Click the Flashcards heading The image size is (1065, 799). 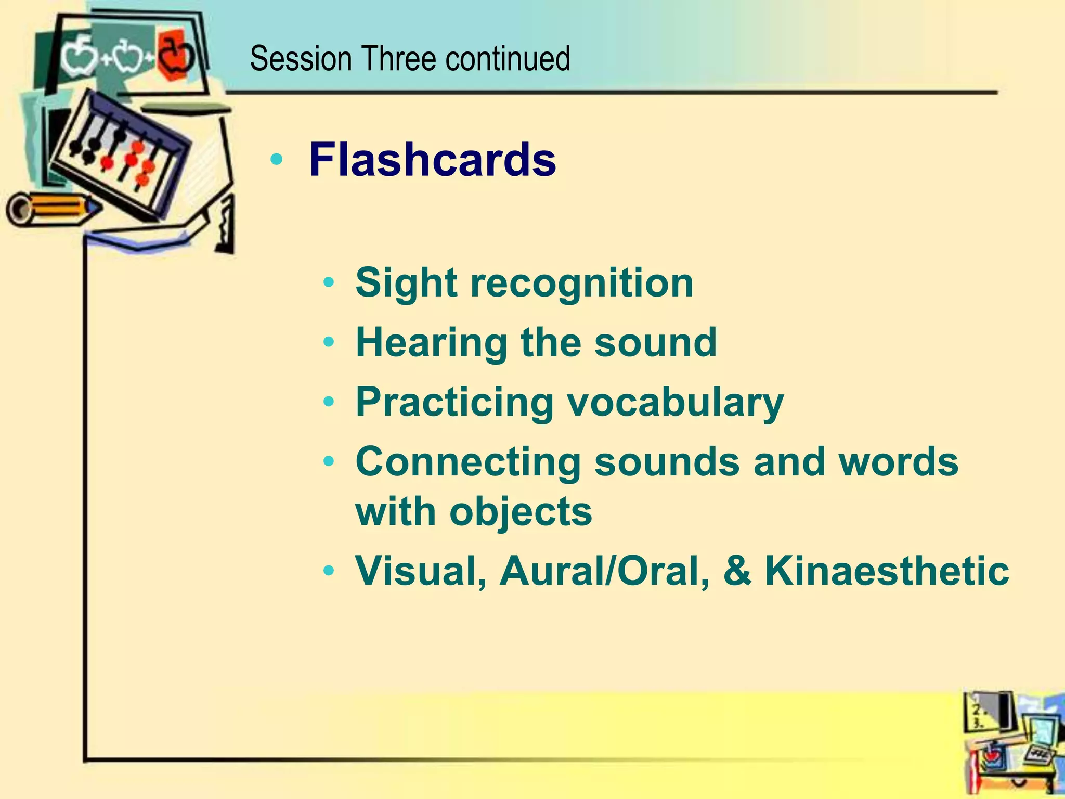[432, 160]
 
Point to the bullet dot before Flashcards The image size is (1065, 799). [277, 160]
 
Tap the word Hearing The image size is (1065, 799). [431, 342]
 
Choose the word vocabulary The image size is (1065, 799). [674, 402]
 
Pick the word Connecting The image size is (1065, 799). [467, 461]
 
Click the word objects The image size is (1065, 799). [521, 511]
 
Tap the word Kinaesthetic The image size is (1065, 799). [887, 571]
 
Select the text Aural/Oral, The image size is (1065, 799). [604, 571]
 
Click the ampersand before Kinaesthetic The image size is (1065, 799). [737, 571]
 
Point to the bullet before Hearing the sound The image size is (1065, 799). [328, 342]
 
